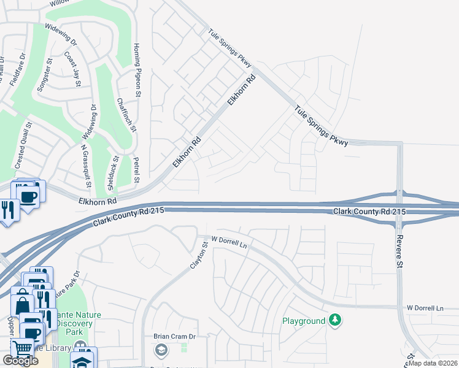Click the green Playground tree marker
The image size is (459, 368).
click(x=334, y=320)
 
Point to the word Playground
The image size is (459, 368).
click(x=304, y=321)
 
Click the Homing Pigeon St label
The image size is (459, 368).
click(x=138, y=69)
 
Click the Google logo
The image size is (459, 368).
click(x=21, y=361)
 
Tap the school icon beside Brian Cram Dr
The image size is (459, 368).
click(x=161, y=350)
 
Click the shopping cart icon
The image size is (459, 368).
click(x=23, y=348)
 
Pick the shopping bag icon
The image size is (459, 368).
click(x=23, y=305)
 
